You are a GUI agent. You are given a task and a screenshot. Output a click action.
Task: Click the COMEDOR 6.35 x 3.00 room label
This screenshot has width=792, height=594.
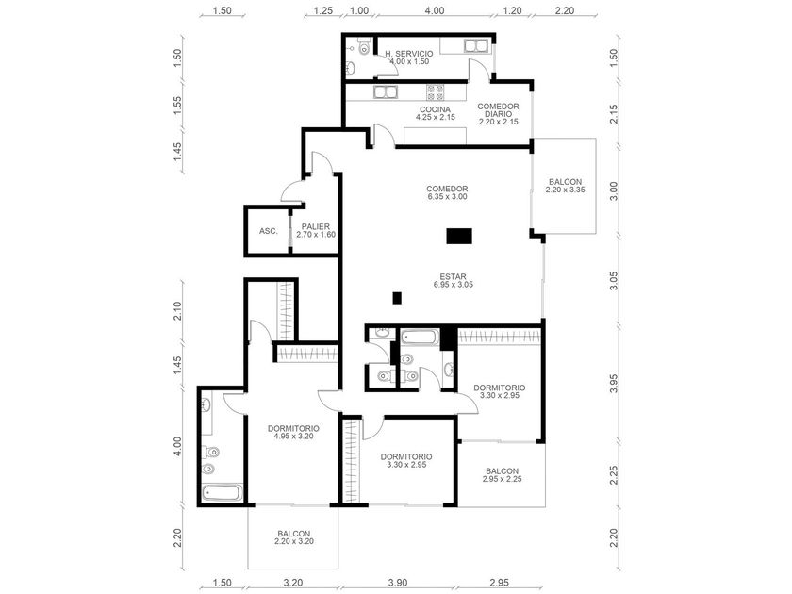(447, 193)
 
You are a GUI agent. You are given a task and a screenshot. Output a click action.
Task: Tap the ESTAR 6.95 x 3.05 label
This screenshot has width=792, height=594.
(454, 281)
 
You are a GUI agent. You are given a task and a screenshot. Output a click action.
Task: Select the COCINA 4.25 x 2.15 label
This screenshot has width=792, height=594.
(435, 113)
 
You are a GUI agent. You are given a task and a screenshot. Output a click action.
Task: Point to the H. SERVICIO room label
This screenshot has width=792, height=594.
(408, 58)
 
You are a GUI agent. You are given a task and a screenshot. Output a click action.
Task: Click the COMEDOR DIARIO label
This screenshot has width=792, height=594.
(498, 114)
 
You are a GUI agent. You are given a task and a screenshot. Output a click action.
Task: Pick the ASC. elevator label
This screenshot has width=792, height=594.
(268, 231)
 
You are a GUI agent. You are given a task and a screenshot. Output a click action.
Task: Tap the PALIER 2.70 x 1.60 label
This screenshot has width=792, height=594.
(316, 231)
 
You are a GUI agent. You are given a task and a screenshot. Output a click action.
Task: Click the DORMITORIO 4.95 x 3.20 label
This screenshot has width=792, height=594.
(293, 433)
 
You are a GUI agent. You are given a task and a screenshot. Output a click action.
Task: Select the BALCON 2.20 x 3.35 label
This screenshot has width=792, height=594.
(565, 186)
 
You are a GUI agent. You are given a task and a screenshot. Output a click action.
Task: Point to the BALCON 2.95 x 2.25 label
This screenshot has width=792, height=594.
(502, 475)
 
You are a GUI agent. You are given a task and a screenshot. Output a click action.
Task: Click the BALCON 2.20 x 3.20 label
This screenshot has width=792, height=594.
(293, 537)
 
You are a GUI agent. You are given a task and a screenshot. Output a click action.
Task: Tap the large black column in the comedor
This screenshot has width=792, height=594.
(459, 236)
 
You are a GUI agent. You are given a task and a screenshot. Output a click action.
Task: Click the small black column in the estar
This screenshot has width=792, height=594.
(397, 298)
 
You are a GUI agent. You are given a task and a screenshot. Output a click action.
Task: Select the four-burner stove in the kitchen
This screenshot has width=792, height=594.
(435, 92)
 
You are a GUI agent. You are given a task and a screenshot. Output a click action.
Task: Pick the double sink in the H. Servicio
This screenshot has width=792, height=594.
(475, 46)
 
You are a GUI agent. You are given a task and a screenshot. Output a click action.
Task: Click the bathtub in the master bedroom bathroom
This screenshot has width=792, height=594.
(223, 492)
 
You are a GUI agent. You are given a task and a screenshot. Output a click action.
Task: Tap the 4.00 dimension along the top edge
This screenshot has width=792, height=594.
(434, 10)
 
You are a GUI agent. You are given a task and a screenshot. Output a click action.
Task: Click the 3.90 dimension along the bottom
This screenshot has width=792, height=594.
(398, 583)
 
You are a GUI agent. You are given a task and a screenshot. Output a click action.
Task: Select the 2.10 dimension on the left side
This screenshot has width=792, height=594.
(177, 310)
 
